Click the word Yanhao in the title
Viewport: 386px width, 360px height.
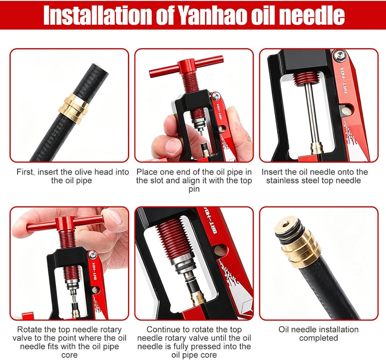pyautogui.click(x=212, y=15)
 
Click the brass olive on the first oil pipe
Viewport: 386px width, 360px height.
pyautogui.click(x=73, y=108)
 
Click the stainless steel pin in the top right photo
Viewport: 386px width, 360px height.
pyautogui.click(x=310, y=113)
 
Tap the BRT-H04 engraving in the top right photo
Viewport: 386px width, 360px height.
pyautogui.click(x=345, y=80)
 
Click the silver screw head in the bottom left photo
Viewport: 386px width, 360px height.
pyautogui.click(x=92, y=255)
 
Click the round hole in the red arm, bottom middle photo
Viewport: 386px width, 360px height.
pyautogui.click(x=220, y=250)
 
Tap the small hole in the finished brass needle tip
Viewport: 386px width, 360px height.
pyautogui.click(x=286, y=225)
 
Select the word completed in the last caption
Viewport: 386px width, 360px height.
pyautogui.click(x=318, y=338)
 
